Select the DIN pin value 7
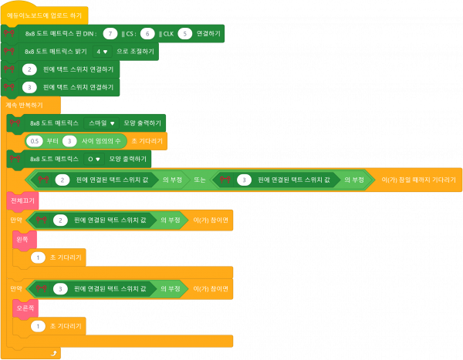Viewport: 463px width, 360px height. pyautogui.click(x=111, y=33)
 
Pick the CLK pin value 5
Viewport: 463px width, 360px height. pyautogui.click(x=184, y=33)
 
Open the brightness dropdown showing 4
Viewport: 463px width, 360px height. pyautogui.click(x=101, y=51)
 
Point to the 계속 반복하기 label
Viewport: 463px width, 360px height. pyautogui.click(x=22, y=104)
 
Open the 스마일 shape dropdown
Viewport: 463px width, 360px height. pyautogui.click(x=102, y=123)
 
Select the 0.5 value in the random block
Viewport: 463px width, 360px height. pyautogui.click(x=34, y=141)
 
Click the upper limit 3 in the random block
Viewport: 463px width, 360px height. pyautogui.click(x=69, y=141)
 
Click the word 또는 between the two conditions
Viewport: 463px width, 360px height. pyautogui.click(x=199, y=180)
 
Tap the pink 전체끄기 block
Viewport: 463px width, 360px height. pyautogui.click(x=22, y=200)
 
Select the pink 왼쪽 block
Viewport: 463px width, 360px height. pyautogui.click(x=22, y=239)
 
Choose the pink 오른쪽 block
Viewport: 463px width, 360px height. pyautogui.click(x=25, y=308)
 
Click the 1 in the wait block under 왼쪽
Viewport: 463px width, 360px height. pyautogui.click(x=37, y=257)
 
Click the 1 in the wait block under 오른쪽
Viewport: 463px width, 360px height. pyautogui.click(x=37, y=326)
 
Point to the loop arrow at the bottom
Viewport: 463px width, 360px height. pyautogui.click(x=53, y=352)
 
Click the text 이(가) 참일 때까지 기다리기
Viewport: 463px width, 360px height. pyautogui.click(x=419, y=180)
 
